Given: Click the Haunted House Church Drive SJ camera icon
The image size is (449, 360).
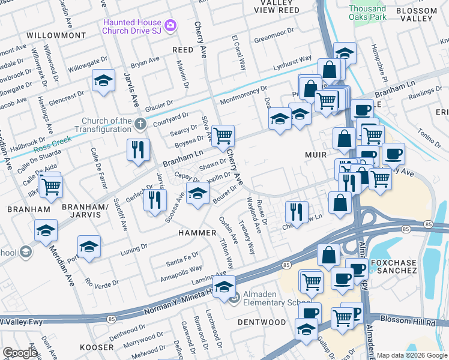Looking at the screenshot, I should pos(171,25).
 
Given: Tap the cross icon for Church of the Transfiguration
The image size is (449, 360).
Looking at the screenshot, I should pos(140,125).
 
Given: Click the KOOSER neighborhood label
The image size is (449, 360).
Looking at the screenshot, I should pos(97,347).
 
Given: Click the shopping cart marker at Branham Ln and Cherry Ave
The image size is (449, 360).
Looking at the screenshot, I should pos(223,136).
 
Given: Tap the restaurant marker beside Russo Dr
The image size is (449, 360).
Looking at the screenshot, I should pos(297,211).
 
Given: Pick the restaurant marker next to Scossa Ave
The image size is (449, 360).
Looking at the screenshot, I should pos(155,200).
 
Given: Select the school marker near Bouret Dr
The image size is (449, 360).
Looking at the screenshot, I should pos(197,193).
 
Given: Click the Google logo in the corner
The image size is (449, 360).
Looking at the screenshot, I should pos(20,353).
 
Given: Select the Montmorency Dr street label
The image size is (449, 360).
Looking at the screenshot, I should pos(243,95).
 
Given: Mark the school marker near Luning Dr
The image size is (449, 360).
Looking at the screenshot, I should pos(89,247).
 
